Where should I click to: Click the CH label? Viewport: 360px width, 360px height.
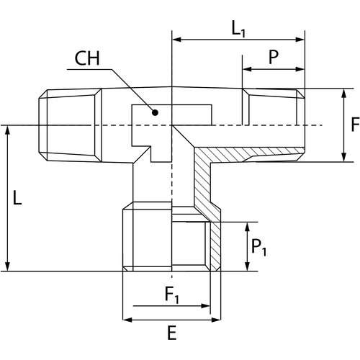[x=87, y=58]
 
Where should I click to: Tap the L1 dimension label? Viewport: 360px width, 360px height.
[x=238, y=30]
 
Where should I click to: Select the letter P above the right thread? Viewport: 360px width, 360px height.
[x=274, y=57]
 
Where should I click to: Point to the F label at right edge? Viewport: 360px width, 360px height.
[x=355, y=125]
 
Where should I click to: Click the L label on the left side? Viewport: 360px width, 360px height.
[x=17, y=197]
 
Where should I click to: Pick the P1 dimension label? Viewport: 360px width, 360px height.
[x=258, y=248]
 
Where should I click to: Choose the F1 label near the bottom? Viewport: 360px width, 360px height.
[x=172, y=294]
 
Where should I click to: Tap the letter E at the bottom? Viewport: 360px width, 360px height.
[x=172, y=333]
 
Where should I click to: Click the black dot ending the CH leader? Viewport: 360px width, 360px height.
[x=156, y=112]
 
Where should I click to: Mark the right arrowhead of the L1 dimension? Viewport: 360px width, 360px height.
[x=300, y=40]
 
